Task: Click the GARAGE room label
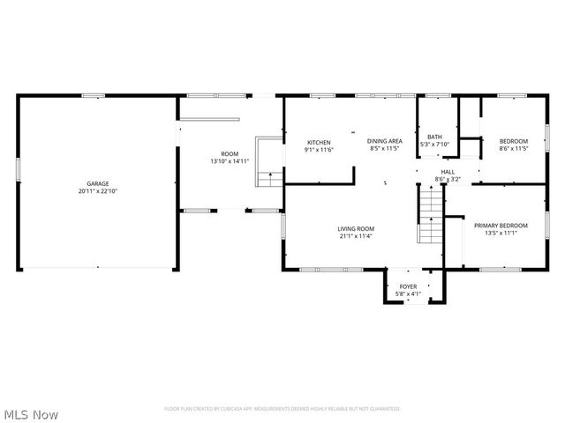click(98, 183)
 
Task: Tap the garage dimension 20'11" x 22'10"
click(98, 191)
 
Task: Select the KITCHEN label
click(319, 143)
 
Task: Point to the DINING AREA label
click(385, 141)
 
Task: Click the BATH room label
click(435, 137)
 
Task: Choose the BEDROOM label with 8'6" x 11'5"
click(513, 142)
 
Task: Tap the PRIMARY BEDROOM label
click(501, 226)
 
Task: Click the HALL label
click(448, 172)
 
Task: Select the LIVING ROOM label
click(357, 228)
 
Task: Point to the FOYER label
click(408, 286)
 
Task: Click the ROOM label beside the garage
click(230, 154)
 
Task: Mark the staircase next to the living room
click(429, 218)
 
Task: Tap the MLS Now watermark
click(31, 413)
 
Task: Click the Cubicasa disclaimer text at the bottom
click(282, 409)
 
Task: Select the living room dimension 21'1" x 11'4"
click(357, 236)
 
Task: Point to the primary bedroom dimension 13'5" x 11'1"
click(501, 234)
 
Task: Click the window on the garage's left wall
click(19, 168)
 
